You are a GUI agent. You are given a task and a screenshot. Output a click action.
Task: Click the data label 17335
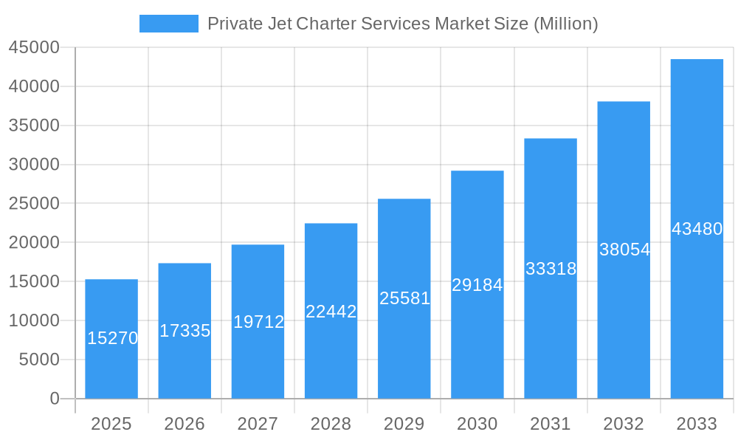184,331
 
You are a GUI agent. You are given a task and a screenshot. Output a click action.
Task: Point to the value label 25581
404,298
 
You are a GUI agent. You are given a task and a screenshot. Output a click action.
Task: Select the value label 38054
624,250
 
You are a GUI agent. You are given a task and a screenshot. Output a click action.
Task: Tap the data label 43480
697,229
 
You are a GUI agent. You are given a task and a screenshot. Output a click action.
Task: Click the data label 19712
258,322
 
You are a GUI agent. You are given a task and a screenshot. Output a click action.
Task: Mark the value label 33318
551,269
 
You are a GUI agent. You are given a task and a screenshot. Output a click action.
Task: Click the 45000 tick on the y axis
33,48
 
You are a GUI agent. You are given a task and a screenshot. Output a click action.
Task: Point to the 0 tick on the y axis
54,399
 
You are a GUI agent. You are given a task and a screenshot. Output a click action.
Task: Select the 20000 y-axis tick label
33,243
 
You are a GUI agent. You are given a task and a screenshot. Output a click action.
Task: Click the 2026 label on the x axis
184,424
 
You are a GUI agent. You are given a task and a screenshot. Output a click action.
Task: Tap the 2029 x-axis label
404,424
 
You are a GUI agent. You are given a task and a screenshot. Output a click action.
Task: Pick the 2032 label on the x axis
624,424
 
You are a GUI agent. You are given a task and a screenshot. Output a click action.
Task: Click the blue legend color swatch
169,24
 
